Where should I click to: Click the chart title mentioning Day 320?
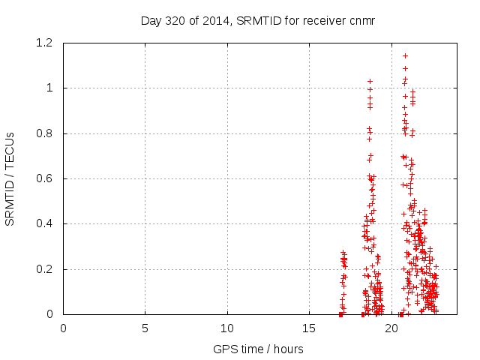257,20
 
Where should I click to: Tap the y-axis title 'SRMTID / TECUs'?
10,178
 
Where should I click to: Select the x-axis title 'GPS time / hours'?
257,349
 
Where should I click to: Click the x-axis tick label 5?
145,328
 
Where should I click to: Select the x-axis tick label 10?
227,328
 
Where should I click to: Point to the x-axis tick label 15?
309,328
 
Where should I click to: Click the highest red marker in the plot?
406,55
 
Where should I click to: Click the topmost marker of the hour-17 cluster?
343,253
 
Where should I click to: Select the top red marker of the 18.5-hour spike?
370,81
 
